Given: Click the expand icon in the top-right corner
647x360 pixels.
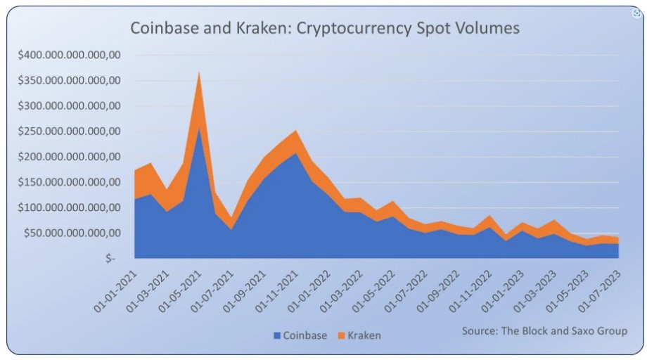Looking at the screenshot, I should (637, 14).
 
